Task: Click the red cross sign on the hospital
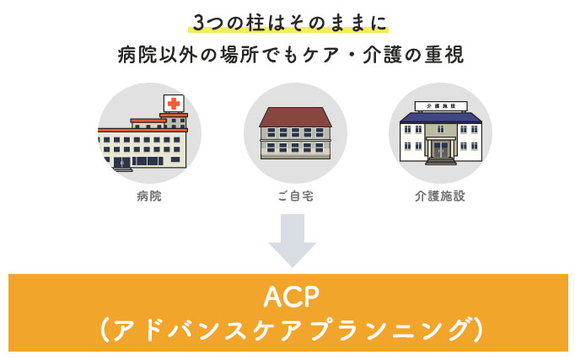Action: pyautogui.click(x=174, y=104)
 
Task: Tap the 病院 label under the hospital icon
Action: pyautogui.click(x=149, y=196)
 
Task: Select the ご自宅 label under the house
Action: pyautogui.click(x=296, y=196)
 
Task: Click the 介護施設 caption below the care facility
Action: pyautogui.click(x=440, y=196)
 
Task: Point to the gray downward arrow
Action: pyautogui.click(x=293, y=240)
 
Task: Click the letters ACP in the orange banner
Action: pyautogui.click(x=292, y=297)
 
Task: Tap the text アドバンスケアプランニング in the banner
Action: pyautogui.click(x=292, y=330)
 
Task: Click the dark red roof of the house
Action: pyautogui.click(x=296, y=117)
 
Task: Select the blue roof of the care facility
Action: pyautogui.click(x=441, y=117)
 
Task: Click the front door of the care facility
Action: pyautogui.click(x=441, y=149)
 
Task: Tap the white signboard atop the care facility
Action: pyautogui.click(x=441, y=106)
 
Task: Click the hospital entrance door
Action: pyautogui.click(x=121, y=163)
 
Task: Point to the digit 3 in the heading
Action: pyautogui.click(x=199, y=23)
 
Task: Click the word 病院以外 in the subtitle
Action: pyautogui.click(x=158, y=55)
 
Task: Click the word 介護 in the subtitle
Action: pyautogui.click(x=383, y=55)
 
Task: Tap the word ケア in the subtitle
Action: pyautogui.click(x=321, y=55)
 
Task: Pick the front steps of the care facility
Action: pyautogui.click(x=441, y=161)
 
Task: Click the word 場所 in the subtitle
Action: pyautogui.click(x=239, y=55)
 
